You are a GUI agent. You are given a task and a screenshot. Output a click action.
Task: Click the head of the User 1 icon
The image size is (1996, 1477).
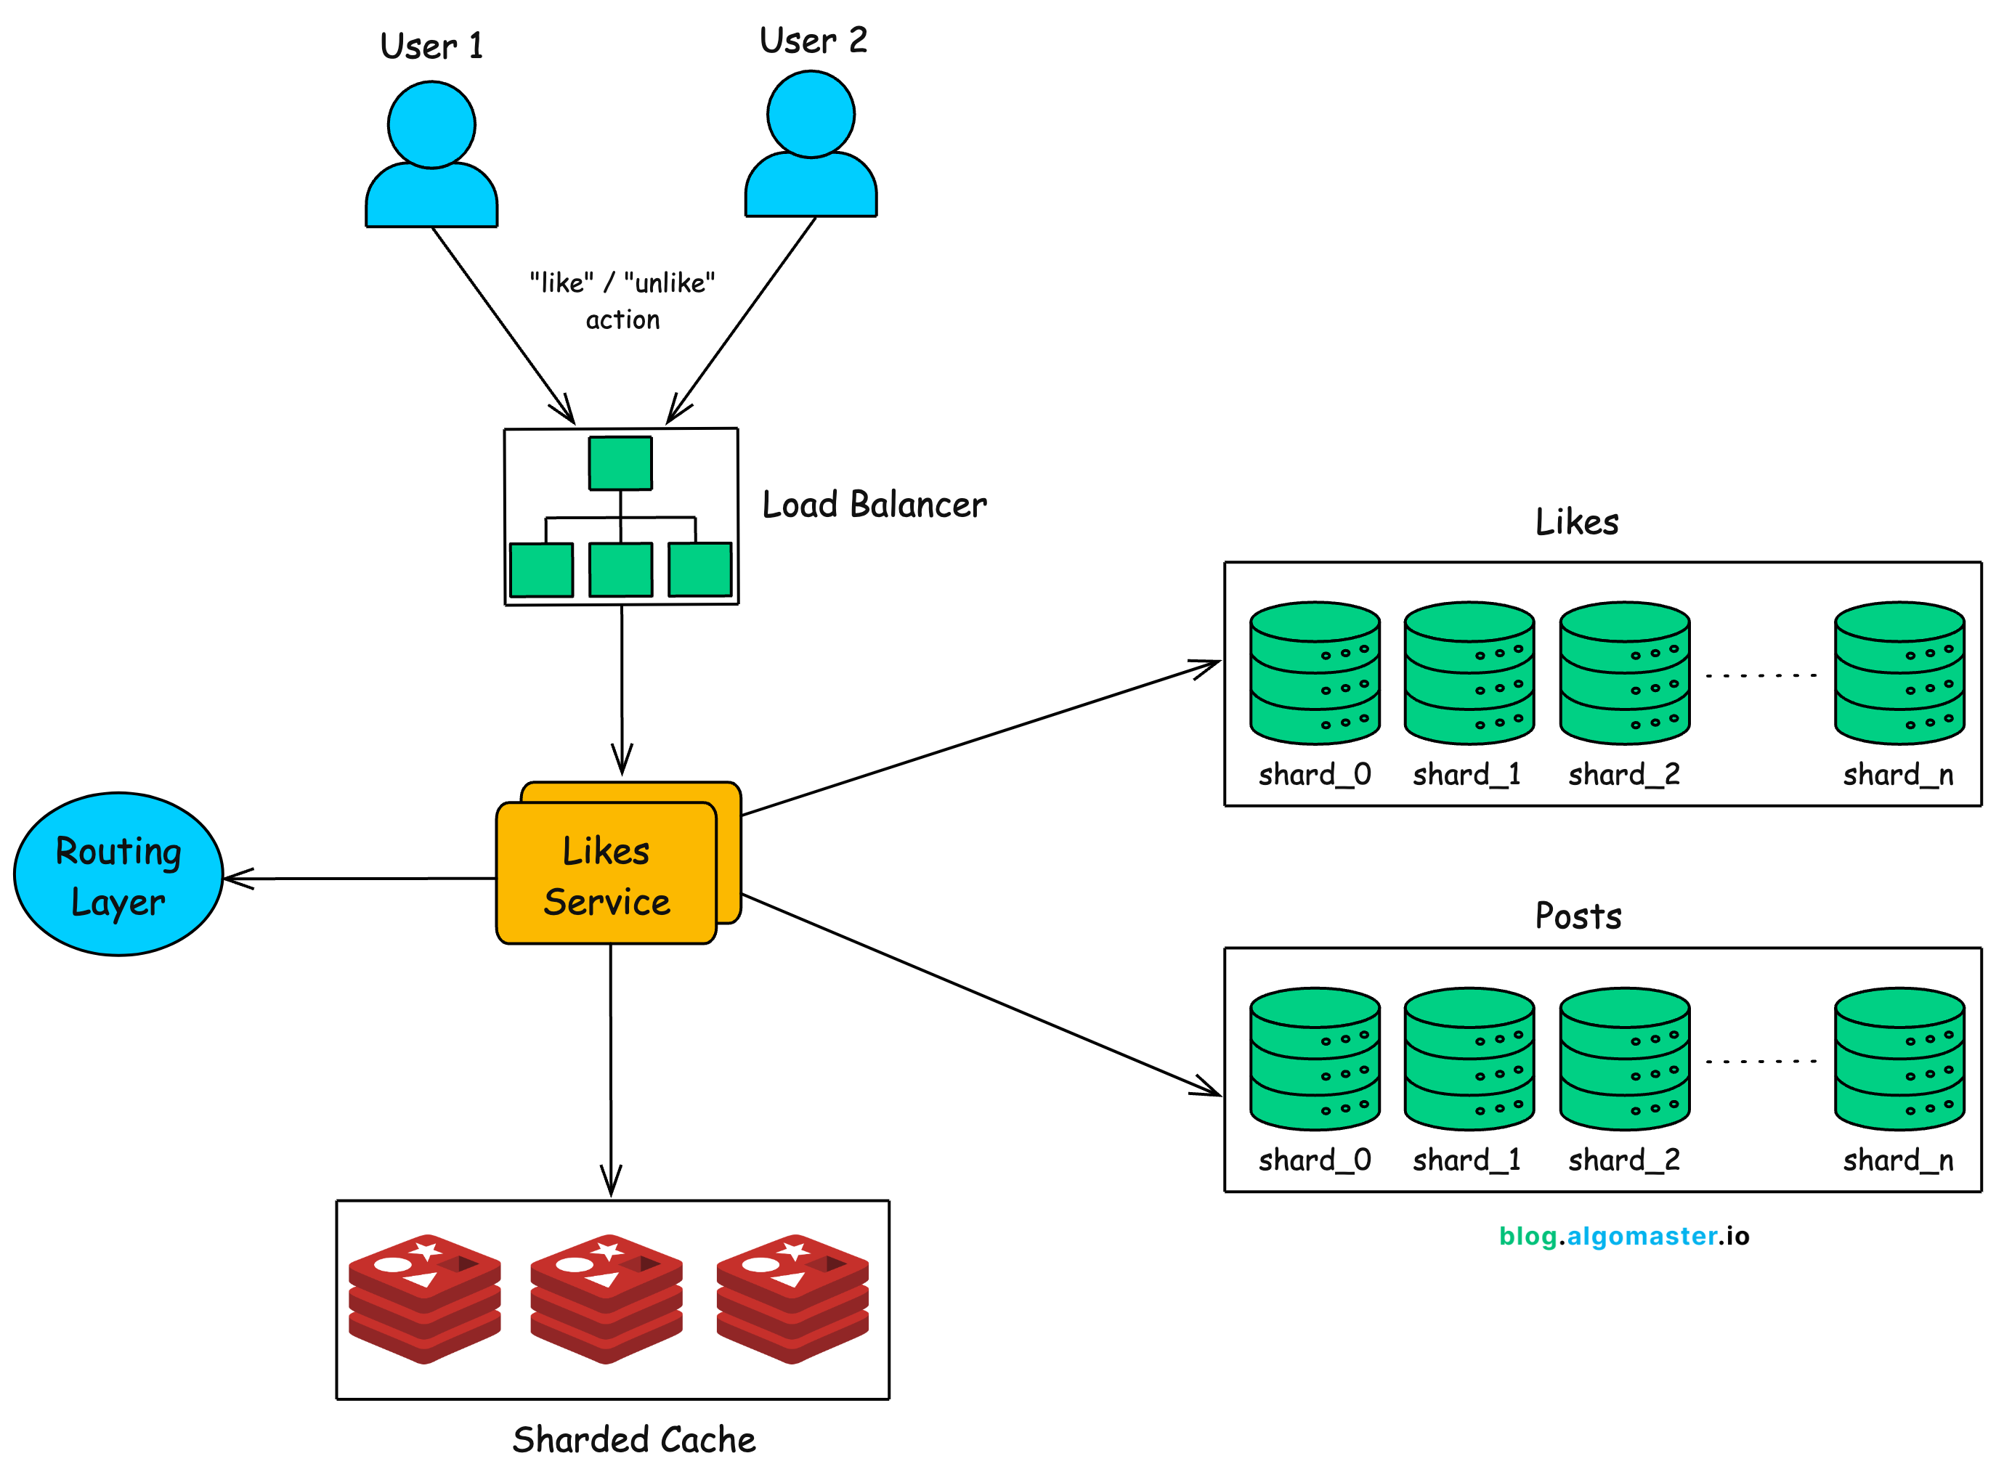pos(431,125)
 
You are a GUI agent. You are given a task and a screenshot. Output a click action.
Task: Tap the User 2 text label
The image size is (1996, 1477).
pos(813,40)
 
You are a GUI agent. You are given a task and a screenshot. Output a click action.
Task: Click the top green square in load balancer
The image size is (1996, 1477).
pos(620,463)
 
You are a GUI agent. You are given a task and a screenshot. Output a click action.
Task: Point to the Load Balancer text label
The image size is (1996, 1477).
pos(874,505)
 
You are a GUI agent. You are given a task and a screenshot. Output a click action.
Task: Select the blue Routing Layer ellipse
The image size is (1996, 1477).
pos(118,874)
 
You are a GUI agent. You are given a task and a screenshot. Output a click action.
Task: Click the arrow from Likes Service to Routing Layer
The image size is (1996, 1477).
pos(357,879)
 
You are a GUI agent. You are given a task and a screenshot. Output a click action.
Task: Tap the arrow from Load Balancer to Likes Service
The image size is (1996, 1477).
pos(622,688)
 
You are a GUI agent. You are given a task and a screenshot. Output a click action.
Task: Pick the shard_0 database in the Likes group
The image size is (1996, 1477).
pos(1315,673)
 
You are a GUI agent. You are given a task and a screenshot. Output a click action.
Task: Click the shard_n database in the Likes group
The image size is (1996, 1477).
pos(1899,673)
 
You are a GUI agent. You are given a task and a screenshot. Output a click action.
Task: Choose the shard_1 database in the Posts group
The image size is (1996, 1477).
pos(1469,1059)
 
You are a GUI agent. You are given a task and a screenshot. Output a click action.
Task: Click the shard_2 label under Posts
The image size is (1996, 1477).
pos(1624,1160)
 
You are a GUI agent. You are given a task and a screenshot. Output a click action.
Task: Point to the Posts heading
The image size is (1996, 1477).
pos(1578,916)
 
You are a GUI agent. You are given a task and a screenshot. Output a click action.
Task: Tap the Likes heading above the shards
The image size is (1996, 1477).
pos(1577,522)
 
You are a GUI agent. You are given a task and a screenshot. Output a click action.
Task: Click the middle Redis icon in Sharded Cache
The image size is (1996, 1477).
pos(606,1298)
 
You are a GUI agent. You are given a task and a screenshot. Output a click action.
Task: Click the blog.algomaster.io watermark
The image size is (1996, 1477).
pos(1623,1236)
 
